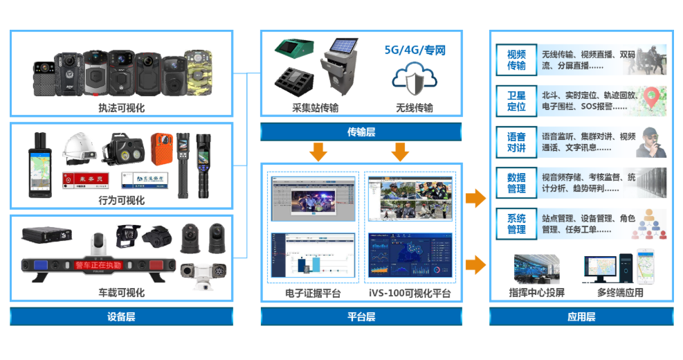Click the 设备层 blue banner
coord(121,316)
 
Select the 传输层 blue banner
coord(361,132)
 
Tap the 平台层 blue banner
coord(361,316)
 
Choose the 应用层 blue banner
coord(581,316)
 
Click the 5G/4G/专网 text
coord(415,51)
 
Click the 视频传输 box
coord(516,60)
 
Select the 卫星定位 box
coord(516,101)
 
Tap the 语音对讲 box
coord(516,142)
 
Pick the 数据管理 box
coord(516,183)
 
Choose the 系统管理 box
coord(516,224)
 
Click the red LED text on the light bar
coord(98,265)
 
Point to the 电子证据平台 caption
coord(313,294)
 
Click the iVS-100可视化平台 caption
coord(410,294)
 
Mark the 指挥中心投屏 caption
coord(536,292)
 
